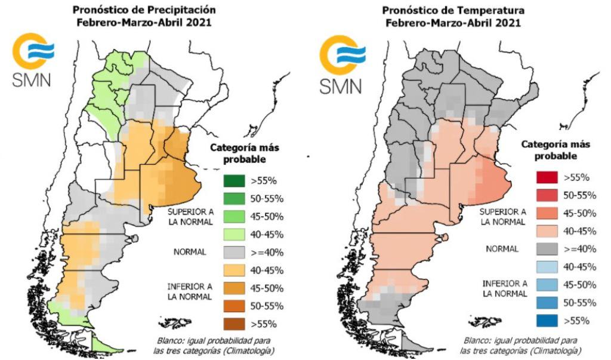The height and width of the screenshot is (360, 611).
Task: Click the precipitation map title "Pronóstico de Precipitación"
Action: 144,10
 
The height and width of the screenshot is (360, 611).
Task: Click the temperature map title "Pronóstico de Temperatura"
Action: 453,10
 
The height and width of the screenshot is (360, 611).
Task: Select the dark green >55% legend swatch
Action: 236,181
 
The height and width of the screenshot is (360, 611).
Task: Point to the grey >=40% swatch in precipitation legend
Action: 236,252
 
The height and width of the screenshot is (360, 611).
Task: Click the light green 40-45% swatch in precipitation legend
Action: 236,234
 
